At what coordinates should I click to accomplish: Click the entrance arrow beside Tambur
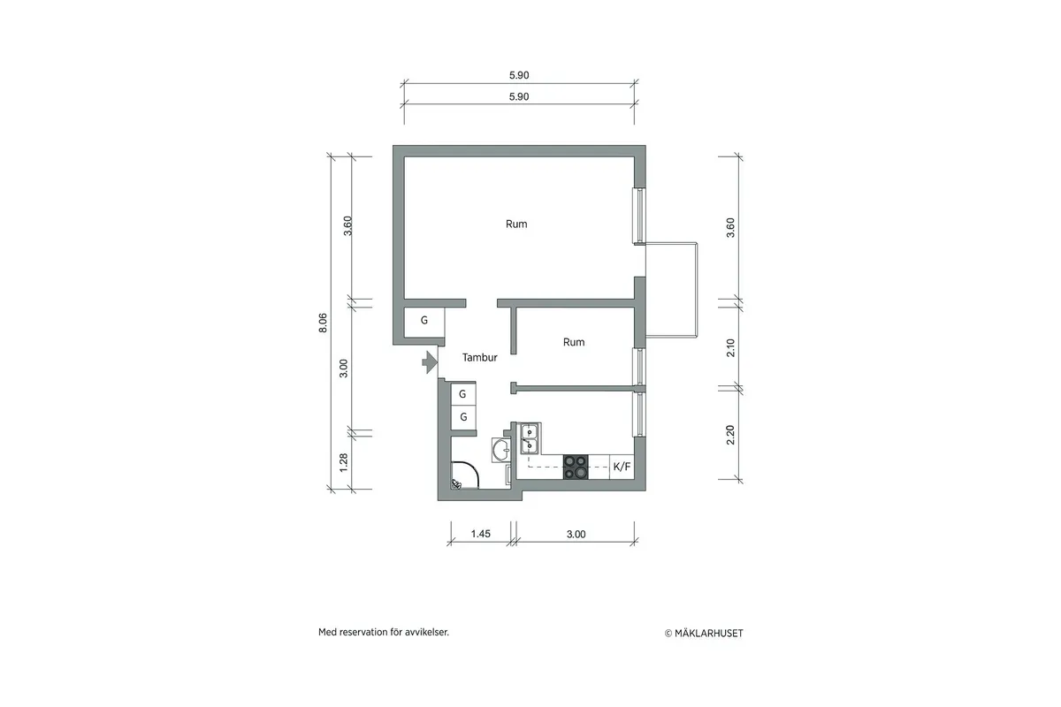[x=428, y=361]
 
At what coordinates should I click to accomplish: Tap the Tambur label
[x=480, y=358]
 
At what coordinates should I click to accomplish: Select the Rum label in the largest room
[x=516, y=224]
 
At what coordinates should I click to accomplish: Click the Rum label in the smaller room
[x=574, y=342]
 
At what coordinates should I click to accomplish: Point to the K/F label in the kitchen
[x=622, y=467]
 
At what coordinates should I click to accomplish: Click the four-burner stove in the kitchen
[x=576, y=467]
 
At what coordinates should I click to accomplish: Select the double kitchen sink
[x=530, y=437]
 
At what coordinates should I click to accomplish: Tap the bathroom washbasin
[x=500, y=451]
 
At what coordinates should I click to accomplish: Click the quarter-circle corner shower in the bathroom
[x=462, y=478]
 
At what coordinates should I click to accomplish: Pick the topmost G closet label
[x=424, y=320]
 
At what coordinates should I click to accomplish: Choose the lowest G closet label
[x=463, y=416]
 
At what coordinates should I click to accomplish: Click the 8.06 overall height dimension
[x=324, y=323]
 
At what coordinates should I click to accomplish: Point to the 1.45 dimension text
[x=480, y=534]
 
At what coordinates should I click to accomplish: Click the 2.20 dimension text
[x=730, y=435]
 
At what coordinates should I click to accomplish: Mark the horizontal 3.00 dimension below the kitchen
[x=576, y=534]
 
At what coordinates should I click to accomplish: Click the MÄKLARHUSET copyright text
[x=705, y=633]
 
